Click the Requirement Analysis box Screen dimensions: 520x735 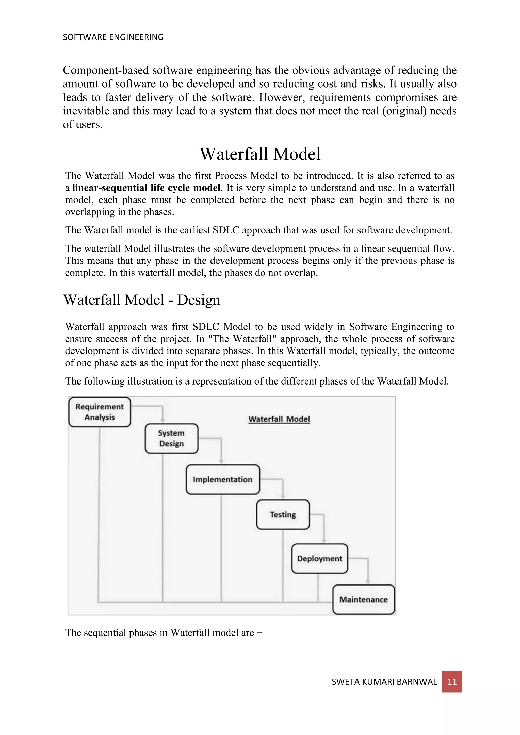tap(100, 412)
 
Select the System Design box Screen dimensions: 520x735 tap(171, 438)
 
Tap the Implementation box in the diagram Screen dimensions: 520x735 tap(222, 479)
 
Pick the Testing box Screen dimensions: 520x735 tap(283, 514)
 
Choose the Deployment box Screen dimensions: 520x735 tap(320, 558)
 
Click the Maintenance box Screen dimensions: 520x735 tap(363, 599)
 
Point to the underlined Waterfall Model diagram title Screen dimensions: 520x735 tap(279, 419)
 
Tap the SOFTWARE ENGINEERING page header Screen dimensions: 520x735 tap(113, 37)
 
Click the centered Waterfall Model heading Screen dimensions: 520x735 tap(260, 154)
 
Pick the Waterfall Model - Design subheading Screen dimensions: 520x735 tap(142, 300)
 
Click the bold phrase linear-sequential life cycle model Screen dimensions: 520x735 tap(146, 188)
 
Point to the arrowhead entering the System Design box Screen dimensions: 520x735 tap(163, 421)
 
